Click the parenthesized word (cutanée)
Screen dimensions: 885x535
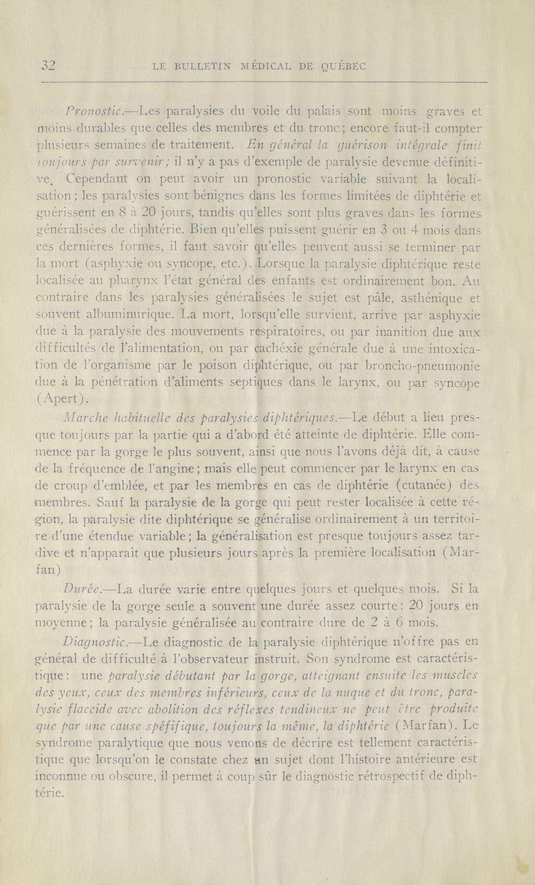click(408, 486)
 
